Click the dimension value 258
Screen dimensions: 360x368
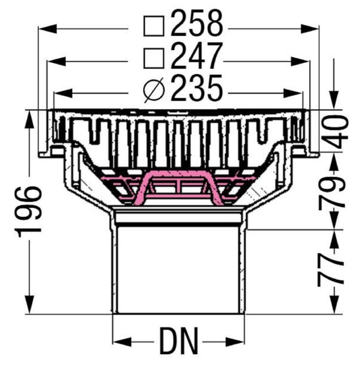tap(196, 23)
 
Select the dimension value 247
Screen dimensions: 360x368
tap(196, 55)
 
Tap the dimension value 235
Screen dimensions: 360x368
tap(196, 88)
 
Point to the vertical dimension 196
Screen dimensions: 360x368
tap(29, 212)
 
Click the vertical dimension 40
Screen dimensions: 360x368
tap(335, 132)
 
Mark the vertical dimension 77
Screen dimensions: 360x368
tap(331, 269)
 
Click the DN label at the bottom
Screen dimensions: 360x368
tap(179, 341)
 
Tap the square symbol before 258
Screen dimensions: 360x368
tap(154, 26)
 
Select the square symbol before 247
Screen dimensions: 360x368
tap(154, 58)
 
